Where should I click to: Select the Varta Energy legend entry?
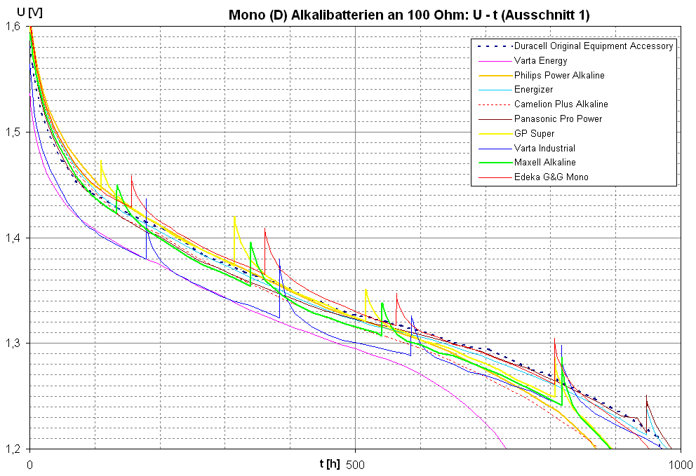pos(540,61)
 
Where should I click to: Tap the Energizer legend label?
pos(533,90)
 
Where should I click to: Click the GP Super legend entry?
pos(534,133)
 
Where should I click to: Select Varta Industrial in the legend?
pos(544,148)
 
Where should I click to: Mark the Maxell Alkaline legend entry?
pos(544,163)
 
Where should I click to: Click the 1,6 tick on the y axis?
pos(13,27)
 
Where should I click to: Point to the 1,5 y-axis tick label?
pos(13,132)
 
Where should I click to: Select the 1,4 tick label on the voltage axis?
pos(13,238)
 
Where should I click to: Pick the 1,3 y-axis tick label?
pos(13,344)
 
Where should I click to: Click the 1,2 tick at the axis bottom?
pos(13,449)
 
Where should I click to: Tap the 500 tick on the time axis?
pos(355,464)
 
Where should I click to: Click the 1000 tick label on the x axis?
pos(679,464)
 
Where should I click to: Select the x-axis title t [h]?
pos(330,463)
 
